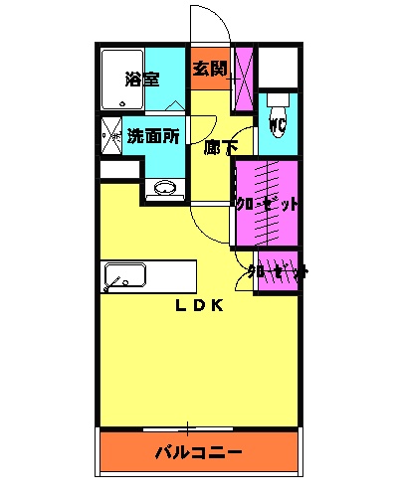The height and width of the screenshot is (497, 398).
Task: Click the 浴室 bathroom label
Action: [x=143, y=80]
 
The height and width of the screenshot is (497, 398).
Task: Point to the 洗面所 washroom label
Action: [x=152, y=137]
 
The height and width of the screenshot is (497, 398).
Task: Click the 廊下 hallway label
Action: [x=220, y=148]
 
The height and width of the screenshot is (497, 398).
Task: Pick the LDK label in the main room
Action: [x=199, y=305]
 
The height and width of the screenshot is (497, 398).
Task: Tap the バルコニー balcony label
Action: [x=198, y=452]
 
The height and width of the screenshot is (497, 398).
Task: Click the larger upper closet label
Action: [x=267, y=204]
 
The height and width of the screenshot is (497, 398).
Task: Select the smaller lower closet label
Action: [x=278, y=270]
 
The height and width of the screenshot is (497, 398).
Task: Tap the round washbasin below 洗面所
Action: [x=164, y=187]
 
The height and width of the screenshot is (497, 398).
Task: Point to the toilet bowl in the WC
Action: [x=279, y=102]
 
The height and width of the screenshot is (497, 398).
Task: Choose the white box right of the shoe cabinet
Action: [x=281, y=67]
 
